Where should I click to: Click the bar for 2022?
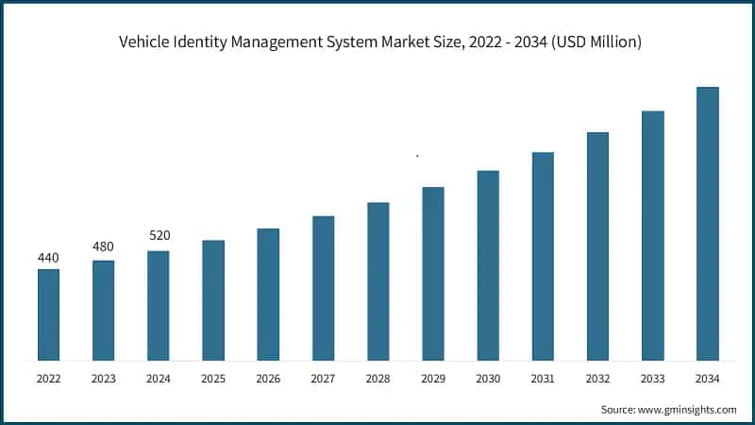pos(48,314)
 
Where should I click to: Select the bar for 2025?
pos(213,300)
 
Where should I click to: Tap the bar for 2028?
pos(377,281)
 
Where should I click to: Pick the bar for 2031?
pos(543,256)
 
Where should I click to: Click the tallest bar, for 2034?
pos(707,224)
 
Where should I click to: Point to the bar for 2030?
pos(488,265)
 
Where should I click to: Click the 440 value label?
pos(48,258)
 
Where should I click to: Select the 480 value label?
pos(103,247)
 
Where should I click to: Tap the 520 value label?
pos(159,235)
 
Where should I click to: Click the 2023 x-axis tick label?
pos(103,379)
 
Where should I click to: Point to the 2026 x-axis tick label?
pos(268,379)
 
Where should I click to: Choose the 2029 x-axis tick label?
pos(432,379)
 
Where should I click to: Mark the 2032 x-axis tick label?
pos(597,379)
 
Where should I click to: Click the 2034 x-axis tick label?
pos(707,379)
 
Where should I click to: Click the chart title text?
pos(377,42)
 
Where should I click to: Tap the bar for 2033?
pos(652,236)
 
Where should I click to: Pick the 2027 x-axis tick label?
pos(323,379)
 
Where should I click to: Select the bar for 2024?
pos(159,305)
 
